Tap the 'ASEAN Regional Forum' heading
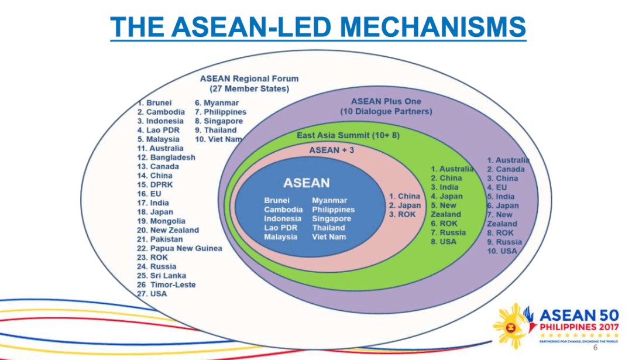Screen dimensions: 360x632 (249, 78)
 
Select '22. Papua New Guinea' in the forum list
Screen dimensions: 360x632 (179, 248)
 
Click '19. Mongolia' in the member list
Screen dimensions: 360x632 (161, 221)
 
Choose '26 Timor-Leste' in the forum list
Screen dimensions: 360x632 (166, 284)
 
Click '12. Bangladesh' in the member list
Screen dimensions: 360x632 (166, 157)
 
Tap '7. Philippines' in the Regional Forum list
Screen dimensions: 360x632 (221, 112)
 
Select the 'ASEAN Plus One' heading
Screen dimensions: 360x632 (386, 101)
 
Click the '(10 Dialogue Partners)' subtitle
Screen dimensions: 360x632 (386, 111)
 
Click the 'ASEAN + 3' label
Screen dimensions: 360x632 (332, 150)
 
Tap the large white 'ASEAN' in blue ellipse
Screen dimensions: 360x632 (306, 183)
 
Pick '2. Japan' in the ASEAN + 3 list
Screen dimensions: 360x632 (404, 205)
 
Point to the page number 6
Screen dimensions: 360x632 (596, 348)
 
